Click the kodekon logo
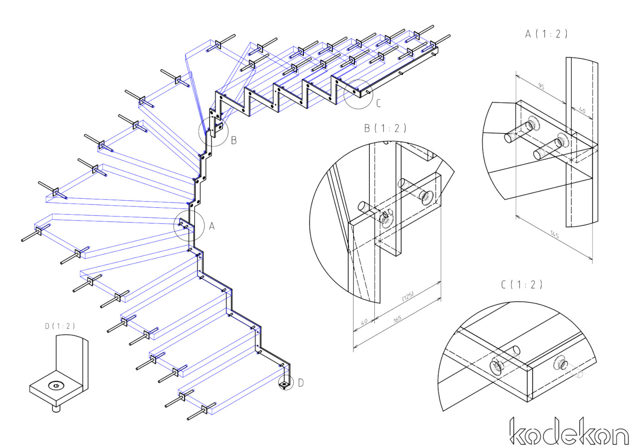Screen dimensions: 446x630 point(568,432)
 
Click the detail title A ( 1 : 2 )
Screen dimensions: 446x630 point(546,34)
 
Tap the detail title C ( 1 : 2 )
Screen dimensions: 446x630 point(521,284)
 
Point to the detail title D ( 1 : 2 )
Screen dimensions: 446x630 point(60,326)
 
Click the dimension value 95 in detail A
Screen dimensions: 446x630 point(541,86)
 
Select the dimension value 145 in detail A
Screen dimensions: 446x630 point(554,234)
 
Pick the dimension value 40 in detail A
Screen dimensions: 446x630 point(582,111)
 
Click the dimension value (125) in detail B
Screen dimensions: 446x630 point(408,296)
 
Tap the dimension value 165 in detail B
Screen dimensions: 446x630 point(397,319)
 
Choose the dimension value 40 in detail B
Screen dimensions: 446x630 point(364,321)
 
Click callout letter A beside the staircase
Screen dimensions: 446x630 point(212,226)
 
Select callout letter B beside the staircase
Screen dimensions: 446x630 point(234,140)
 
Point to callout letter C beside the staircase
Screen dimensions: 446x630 point(379,103)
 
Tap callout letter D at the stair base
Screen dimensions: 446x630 point(301,383)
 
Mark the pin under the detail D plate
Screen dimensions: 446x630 point(56,409)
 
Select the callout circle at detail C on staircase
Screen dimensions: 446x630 point(358,94)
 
